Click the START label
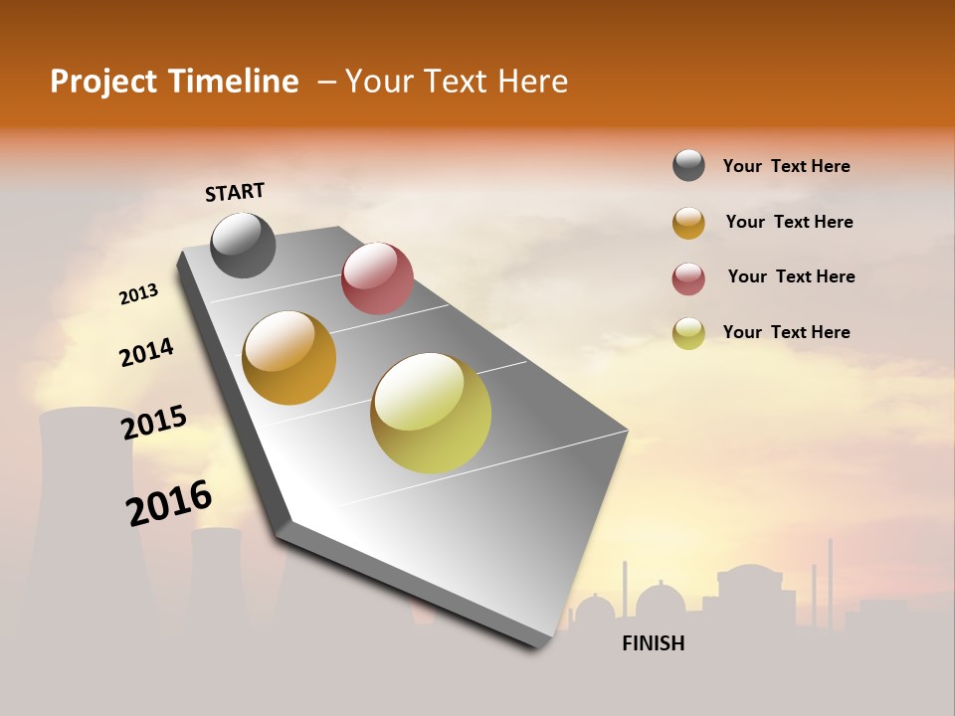click(x=235, y=192)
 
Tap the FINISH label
click(x=653, y=643)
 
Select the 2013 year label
click(x=138, y=294)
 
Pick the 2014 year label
click(x=146, y=352)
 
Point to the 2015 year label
click(x=154, y=423)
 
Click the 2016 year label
click(x=169, y=502)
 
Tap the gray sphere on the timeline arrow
click(x=243, y=245)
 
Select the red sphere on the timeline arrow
click(x=377, y=277)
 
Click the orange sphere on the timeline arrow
click(x=289, y=358)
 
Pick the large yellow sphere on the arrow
click(x=431, y=413)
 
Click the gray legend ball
click(x=688, y=166)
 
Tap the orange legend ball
click(x=688, y=223)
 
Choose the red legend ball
click(x=688, y=278)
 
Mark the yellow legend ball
click(x=688, y=333)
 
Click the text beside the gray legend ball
click(x=786, y=166)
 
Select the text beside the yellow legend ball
click(x=786, y=332)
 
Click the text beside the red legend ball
click(x=791, y=276)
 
